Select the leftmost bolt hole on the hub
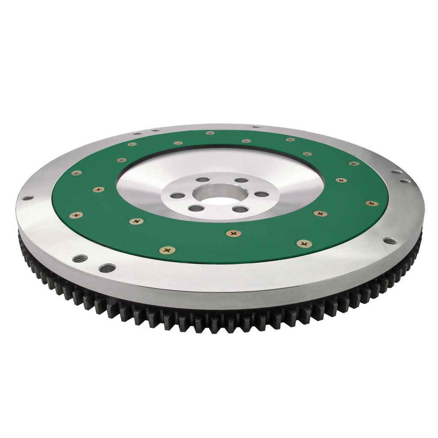click(178, 195)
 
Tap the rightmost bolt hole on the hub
click(261, 194)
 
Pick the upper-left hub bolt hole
click(202, 180)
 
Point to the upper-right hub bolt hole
click(242, 180)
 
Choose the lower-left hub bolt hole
click(196, 208)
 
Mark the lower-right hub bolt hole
click(241, 209)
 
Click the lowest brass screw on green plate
click(167, 250)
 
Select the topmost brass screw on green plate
click(210, 133)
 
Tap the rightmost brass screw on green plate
click(371, 203)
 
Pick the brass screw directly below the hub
click(234, 233)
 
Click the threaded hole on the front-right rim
click(389, 241)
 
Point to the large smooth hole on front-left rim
click(107, 268)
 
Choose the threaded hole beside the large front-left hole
click(80, 258)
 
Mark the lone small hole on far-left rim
click(27, 198)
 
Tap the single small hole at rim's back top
click(256, 127)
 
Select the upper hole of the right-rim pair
click(397, 172)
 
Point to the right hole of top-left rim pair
click(155, 130)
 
